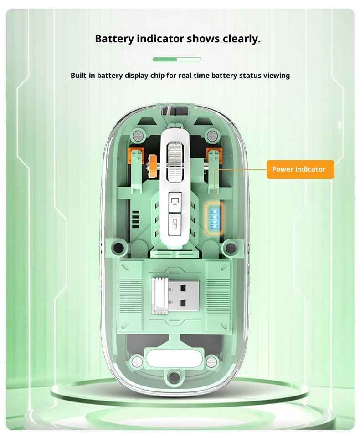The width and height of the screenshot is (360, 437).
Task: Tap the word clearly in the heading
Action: click(242, 39)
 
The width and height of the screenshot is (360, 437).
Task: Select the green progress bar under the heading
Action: click(177, 59)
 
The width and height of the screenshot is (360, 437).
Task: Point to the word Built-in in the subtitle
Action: click(82, 76)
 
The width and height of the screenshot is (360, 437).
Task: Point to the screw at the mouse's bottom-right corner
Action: click(211, 363)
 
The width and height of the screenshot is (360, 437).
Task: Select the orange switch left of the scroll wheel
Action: click(135, 156)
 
